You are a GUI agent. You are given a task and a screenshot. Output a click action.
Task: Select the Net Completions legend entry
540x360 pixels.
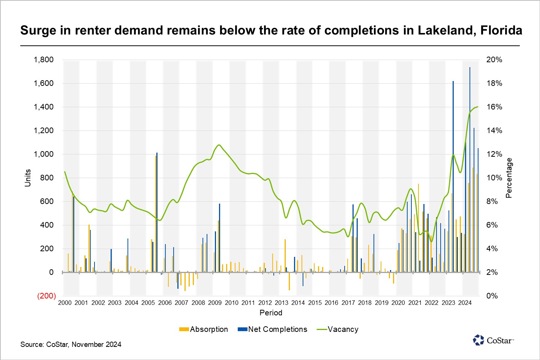pos(273,329)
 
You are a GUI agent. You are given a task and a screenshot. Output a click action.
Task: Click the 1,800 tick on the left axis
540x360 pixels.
pos(43,60)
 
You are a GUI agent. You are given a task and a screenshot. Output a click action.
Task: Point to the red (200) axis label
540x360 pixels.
pos(46,296)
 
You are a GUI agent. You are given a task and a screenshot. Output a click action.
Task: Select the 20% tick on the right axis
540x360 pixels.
pos(494,60)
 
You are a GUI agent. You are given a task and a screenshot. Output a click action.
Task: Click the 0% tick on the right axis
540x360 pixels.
pos(492,296)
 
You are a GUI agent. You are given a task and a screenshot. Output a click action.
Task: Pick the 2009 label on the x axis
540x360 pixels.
pos(215,303)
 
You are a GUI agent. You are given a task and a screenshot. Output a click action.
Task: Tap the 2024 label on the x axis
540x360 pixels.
pos(465,303)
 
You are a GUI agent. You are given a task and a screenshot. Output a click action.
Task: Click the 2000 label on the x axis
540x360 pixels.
pos(65,303)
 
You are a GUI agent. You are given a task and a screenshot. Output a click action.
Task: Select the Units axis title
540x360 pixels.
pos(28,178)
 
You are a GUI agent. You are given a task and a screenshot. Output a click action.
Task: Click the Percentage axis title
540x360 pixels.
pos(509,178)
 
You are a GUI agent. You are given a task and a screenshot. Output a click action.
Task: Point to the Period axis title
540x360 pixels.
pos(271,313)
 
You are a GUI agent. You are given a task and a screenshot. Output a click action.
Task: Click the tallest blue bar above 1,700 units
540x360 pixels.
pos(470,169)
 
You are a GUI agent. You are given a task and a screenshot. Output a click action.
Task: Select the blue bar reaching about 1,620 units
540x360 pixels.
pos(453,176)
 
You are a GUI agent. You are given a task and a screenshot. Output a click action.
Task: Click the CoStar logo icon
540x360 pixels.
pos(478,340)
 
